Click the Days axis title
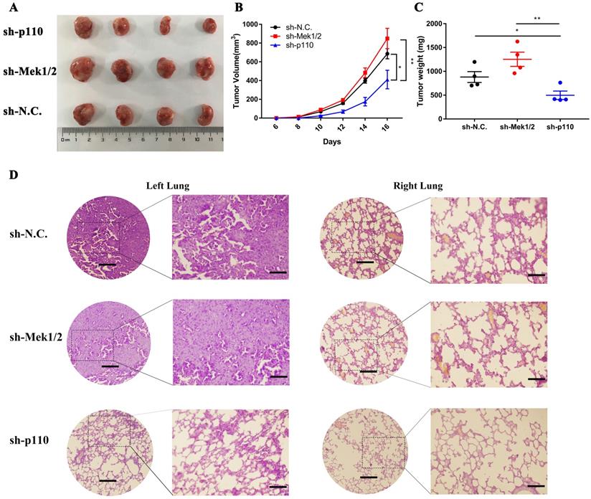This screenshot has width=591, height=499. (331, 141)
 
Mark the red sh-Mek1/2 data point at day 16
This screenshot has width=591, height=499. (387, 39)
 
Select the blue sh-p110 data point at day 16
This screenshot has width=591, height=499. (387, 80)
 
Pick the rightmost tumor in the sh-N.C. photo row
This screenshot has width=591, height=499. (207, 114)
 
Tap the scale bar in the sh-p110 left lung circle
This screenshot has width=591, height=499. (107, 480)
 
